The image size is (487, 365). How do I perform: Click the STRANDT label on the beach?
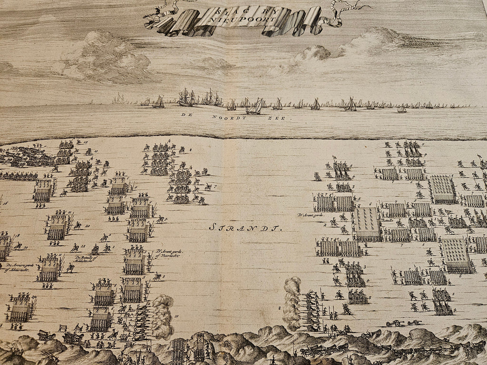pos(245,228)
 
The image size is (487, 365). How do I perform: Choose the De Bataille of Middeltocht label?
pos(85,260)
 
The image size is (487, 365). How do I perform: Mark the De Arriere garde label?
pos(14,265)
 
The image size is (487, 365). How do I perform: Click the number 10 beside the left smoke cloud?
pos(176,316)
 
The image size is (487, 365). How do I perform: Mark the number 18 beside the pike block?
pos(18,235)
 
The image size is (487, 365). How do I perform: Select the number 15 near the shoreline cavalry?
pos(85,142)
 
